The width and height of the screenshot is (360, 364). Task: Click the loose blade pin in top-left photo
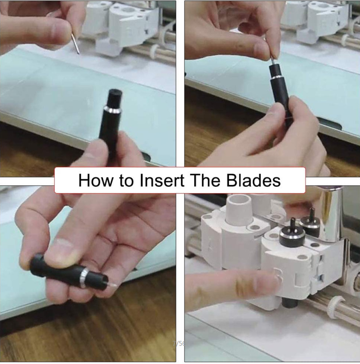pos(75,43)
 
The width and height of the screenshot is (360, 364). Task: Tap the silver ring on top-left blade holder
pos(112,110)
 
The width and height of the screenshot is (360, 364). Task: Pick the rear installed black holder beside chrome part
pos(312,224)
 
